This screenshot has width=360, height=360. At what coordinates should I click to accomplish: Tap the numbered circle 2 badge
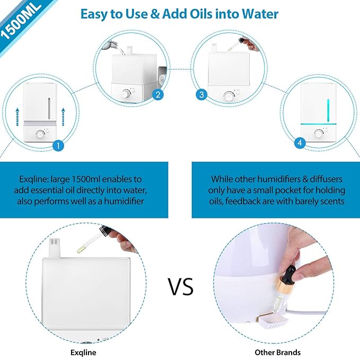click(157, 95)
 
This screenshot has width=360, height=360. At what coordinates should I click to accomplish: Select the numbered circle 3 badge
click(201, 95)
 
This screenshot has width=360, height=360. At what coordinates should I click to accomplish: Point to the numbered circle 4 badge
click(300, 143)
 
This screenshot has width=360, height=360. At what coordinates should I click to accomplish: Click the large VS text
click(181, 286)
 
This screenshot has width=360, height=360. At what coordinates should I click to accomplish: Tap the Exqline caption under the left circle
click(83, 352)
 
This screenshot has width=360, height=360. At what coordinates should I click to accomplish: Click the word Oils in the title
click(203, 14)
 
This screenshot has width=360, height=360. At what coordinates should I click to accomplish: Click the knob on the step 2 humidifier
click(126, 94)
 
